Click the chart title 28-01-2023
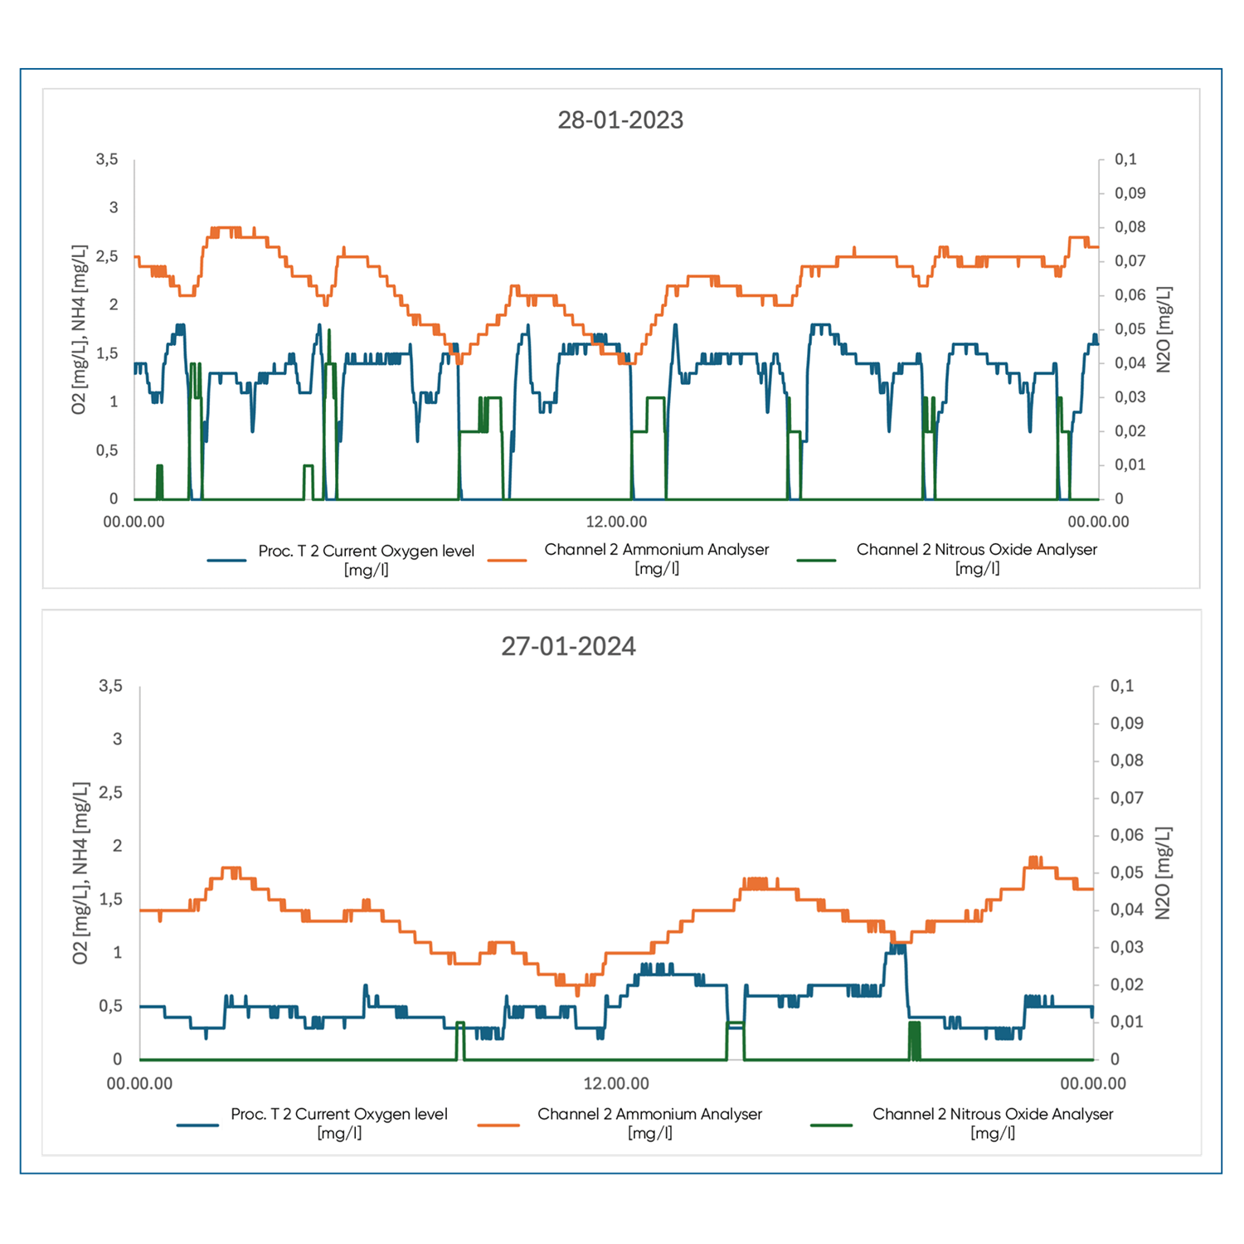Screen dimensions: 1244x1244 tap(620, 120)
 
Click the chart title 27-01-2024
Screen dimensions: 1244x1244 tap(568, 646)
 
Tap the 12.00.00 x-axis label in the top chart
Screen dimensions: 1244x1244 tap(616, 522)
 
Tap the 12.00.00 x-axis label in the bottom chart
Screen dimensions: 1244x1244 tap(616, 1083)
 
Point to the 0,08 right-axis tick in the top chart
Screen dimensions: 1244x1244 tap(1130, 227)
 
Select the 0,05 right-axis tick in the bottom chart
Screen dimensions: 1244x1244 tap(1126, 872)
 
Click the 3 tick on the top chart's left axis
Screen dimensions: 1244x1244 tap(114, 208)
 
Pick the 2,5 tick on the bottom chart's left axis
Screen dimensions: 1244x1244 tap(110, 793)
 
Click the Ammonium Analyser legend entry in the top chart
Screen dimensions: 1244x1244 tap(656, 559)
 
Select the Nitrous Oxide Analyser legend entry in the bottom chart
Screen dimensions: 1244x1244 tap(992, 1123)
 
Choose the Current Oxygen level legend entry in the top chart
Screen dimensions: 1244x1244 tap(366, 560)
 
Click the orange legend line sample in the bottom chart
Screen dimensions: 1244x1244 tap(498, 1125)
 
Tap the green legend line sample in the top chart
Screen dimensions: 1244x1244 tap(816, 561)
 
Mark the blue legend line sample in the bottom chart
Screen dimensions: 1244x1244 tap(197, 1125)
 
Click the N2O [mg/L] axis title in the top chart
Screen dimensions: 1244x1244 tap(1164, 329)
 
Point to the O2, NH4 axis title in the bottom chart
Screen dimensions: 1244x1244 tap(80, 872)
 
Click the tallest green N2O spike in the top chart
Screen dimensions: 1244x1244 tap(329, 332)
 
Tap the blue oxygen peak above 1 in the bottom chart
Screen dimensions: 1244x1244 tap(897, 947)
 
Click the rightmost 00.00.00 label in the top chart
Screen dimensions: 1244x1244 tap(1098, 522)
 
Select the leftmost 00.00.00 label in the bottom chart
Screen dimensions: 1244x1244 tap(139, 1083)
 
